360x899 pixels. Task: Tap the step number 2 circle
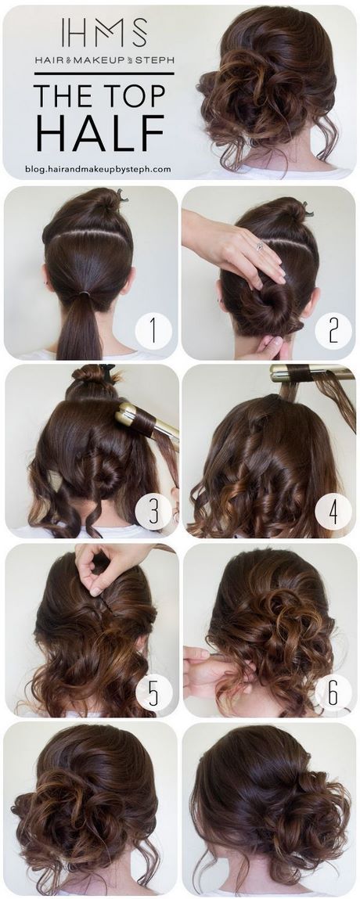333,331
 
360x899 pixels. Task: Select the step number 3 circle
153,512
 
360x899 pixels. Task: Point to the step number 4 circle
333,512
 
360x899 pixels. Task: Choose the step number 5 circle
153,692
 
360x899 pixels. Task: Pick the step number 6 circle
333,692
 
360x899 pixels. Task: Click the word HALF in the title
100,132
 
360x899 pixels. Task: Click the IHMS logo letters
104,33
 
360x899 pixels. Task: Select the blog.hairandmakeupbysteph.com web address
98,168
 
